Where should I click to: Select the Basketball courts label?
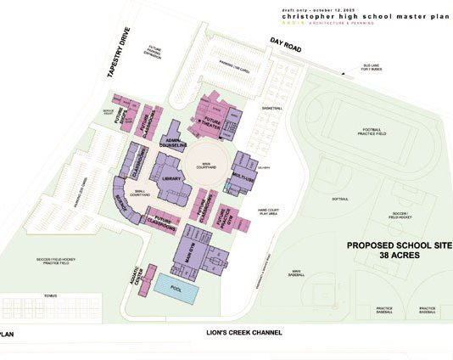tap(272, 109)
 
